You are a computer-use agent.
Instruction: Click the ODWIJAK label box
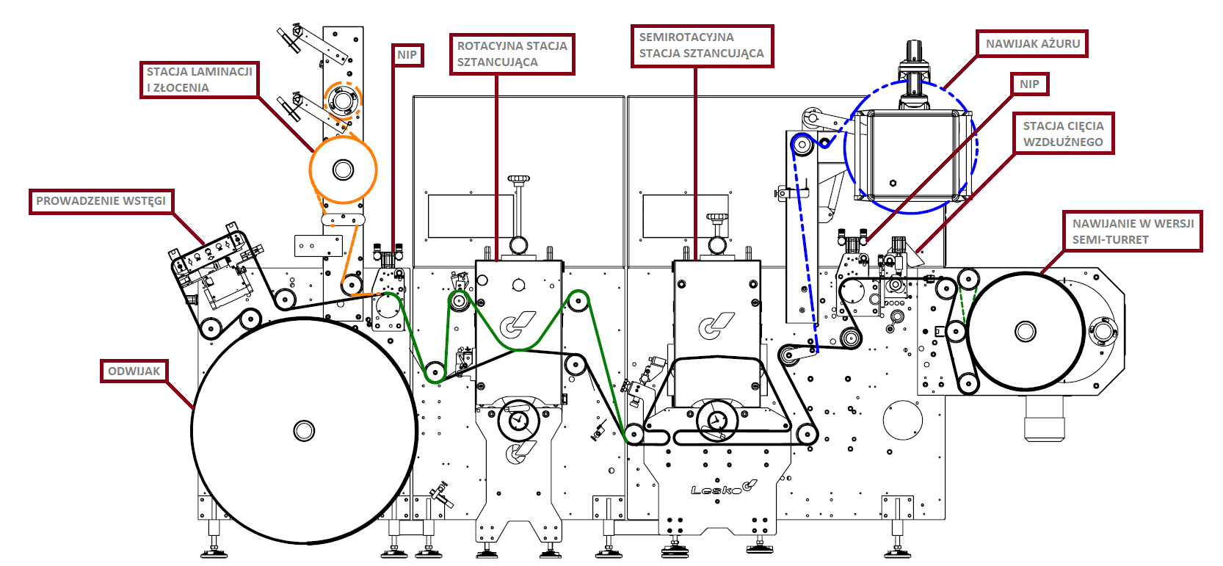tap(134, 371)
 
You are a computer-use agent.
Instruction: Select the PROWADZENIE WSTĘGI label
tap(101, 201)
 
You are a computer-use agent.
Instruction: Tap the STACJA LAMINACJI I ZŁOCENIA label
tap(199, 80)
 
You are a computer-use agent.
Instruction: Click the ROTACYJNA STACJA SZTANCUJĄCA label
tap(512, 54)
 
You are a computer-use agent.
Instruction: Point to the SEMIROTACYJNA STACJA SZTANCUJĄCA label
tap(702, 46)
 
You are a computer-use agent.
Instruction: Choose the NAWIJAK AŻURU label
tap(1032, 43)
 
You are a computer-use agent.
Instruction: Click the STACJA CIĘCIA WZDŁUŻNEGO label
tap(1063, 134)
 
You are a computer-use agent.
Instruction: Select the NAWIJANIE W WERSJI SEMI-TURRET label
tap(1133, 231)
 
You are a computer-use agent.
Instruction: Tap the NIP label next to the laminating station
tap(407, 55)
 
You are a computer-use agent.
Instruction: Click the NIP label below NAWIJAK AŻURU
tap(1029, 84)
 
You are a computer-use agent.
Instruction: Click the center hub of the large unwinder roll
tap(304, 431)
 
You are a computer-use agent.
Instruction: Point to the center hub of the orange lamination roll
tap(343, 170)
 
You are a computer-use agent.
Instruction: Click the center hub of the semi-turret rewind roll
tap(1025, 331)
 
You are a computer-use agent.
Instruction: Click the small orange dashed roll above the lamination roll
tap(342, 101)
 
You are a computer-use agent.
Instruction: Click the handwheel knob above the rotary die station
tap(519, 178)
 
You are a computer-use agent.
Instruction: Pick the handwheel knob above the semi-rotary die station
tap(717, 218)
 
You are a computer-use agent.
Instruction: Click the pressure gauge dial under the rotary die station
tap(518, 421)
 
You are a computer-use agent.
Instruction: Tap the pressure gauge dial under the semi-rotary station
tap(717, 421)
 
